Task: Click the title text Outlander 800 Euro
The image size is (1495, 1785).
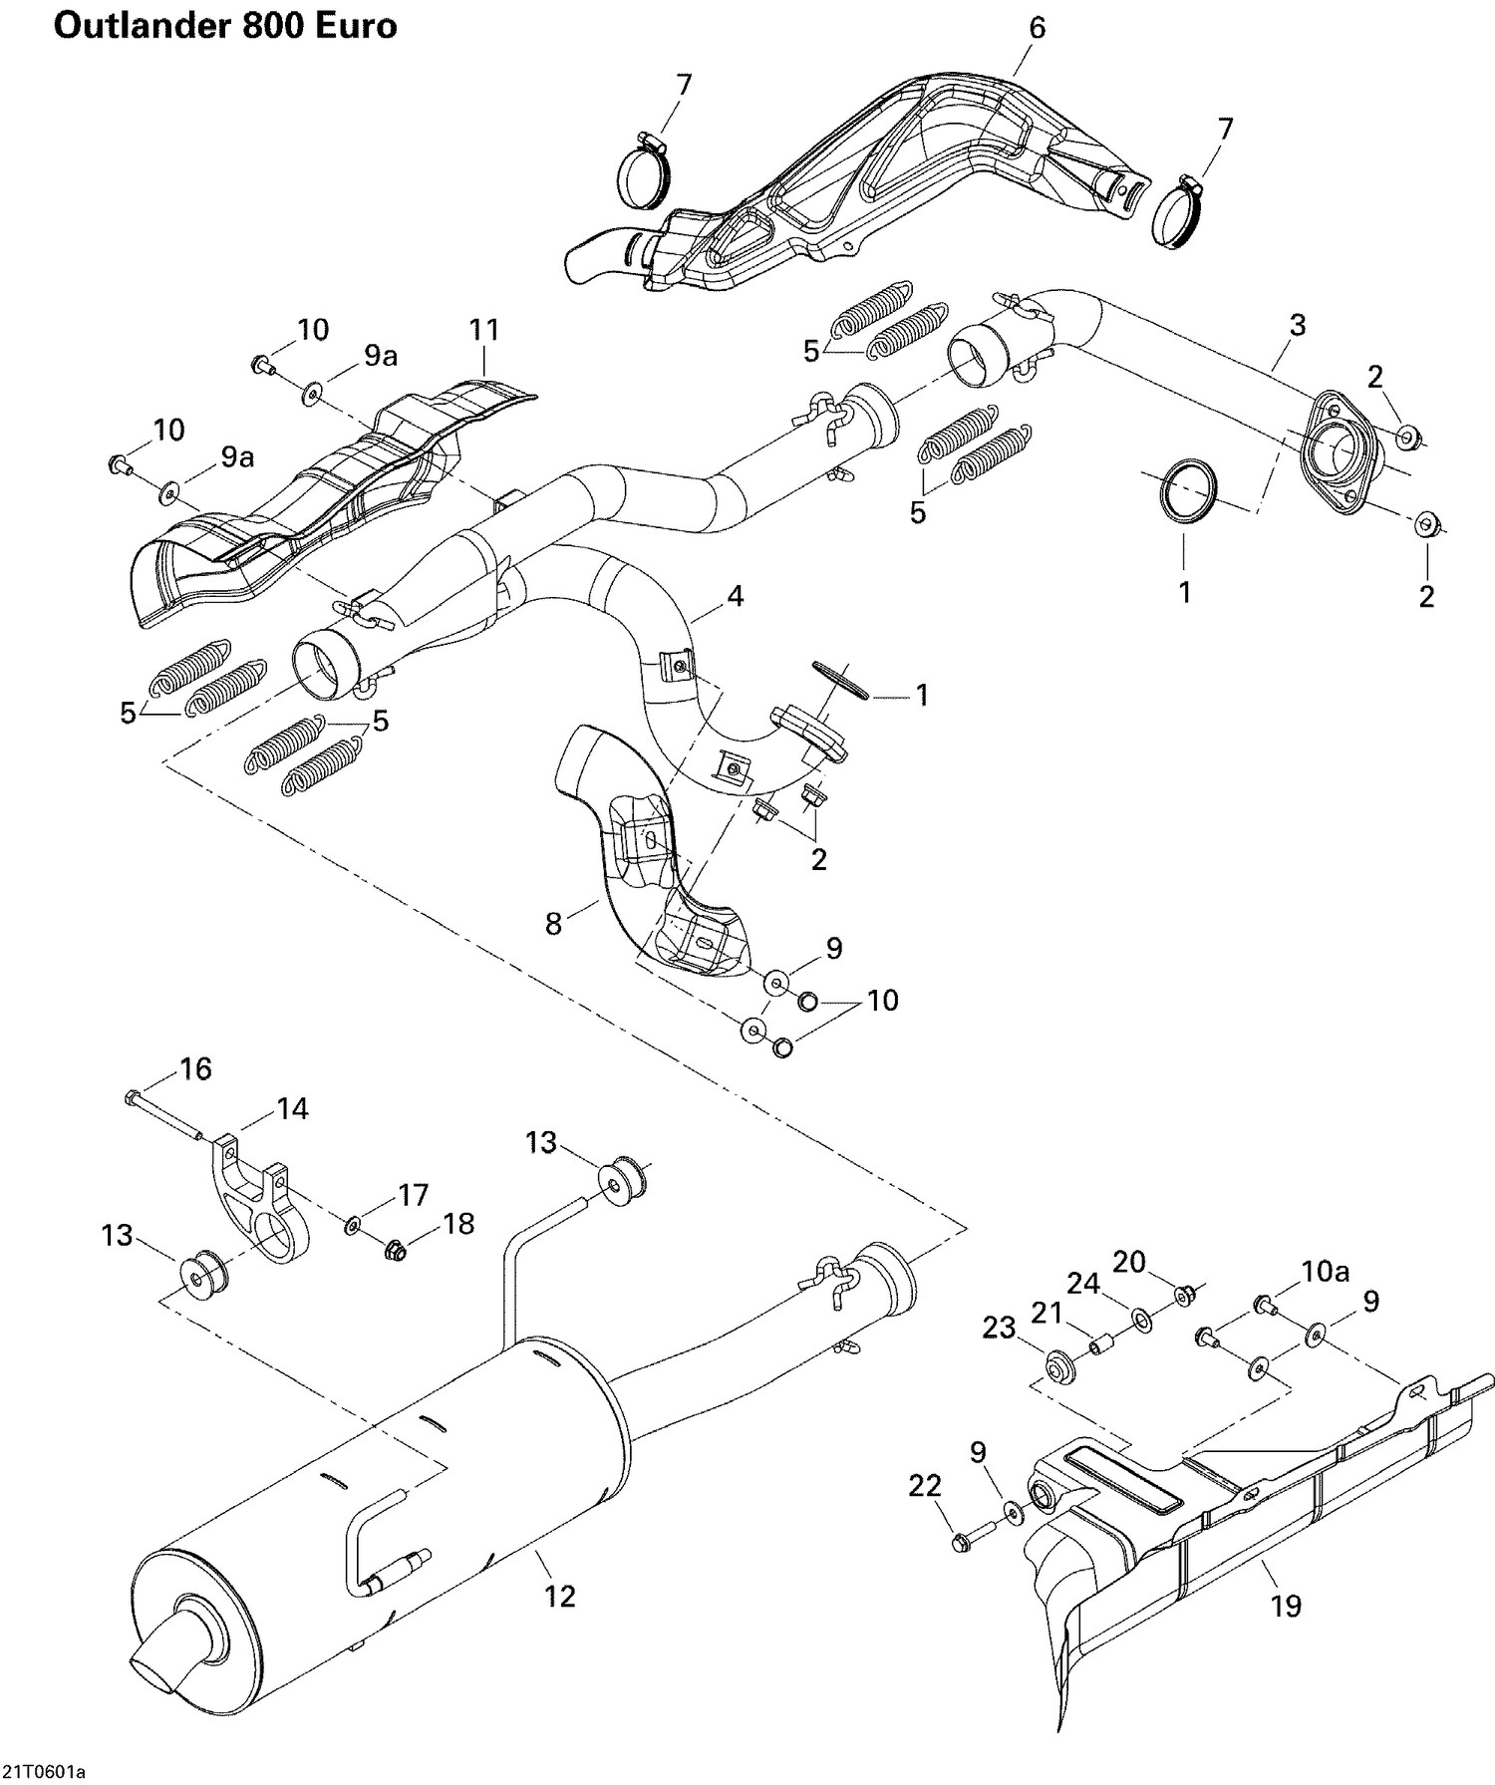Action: (224, 25)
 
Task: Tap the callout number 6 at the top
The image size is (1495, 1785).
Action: (1037, 28)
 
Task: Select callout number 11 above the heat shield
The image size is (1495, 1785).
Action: (484, 330)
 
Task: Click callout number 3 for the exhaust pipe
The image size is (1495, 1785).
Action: (1298, 325)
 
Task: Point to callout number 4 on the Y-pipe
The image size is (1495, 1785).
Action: (735, 597)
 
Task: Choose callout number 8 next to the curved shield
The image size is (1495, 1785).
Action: (553, 924)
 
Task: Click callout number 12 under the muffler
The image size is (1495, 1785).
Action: (560, 1597)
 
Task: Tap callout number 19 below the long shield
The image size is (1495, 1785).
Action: (1287, 1606)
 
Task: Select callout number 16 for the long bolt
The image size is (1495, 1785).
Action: (195, 1069)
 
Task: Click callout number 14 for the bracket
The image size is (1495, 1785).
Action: (292, 1108)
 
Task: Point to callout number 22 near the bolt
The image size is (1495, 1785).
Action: (924, 1486)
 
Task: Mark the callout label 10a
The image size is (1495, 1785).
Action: (1325, 1270)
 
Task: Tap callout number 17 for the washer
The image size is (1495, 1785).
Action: (413, 1194)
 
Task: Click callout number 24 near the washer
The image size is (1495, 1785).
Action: (1083, 1284)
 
